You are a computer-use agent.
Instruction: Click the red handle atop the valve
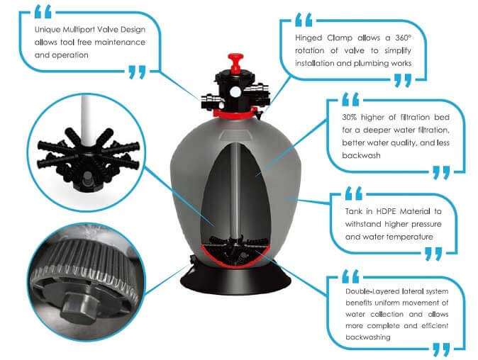pos(235,62)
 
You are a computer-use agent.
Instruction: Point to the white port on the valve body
pos(235,91)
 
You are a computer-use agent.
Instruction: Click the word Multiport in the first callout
pos(80,30)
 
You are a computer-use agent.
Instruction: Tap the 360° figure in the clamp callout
pos(403,38)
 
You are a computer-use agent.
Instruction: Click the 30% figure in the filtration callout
pos(348,117)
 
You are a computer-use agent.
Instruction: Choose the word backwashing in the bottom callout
pos(368,337)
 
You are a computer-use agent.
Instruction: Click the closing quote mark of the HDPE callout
pos(433,254)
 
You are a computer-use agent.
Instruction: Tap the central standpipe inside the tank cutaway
pos(235,189)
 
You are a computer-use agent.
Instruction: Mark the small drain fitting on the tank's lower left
pos(193,260)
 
